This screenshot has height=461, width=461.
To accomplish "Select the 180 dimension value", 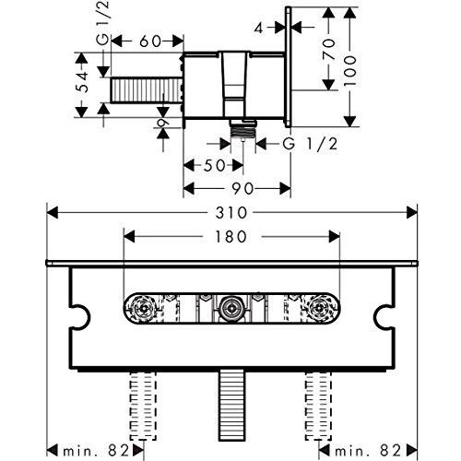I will coord(229,237).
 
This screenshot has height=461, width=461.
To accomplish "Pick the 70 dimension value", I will coord(329,53).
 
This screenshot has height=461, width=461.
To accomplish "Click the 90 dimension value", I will coord(242,189).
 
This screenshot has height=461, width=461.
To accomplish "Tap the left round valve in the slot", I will coord(142,308).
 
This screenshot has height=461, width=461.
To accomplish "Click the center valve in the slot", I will coord(230,308).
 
